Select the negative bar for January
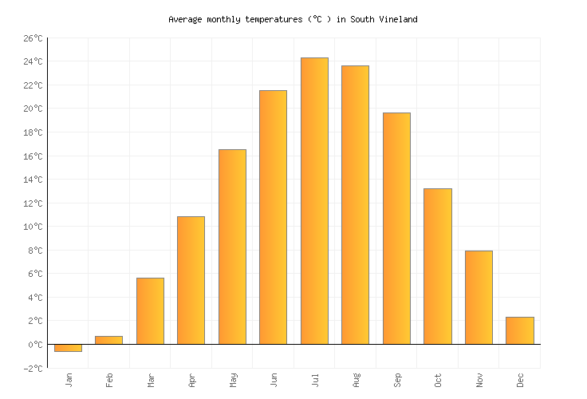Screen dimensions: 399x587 pos(68,348)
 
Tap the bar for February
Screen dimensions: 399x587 pos(108,340)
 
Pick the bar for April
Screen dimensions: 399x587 pos(191,280)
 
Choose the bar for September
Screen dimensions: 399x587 pos(396,228)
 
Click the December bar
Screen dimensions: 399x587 pos(519,330)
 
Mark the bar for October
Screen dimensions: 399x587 pos(437,267)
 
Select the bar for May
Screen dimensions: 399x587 pos(232,247)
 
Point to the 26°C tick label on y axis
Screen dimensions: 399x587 pos(33,38)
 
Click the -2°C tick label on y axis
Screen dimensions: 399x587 pos(33,369)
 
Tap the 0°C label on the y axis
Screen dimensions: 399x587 pos(35,345)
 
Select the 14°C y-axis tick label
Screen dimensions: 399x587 pos(33,180)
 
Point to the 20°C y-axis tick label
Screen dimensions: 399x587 pos(33,109)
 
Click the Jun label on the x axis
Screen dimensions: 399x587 pos(274,380)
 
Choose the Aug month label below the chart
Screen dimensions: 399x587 pos(356,380)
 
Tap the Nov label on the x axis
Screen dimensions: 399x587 pos(479,380)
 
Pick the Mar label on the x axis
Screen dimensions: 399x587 pos(150,380)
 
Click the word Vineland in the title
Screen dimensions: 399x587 pos(397,19)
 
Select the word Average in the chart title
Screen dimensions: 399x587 pos(185,19)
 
